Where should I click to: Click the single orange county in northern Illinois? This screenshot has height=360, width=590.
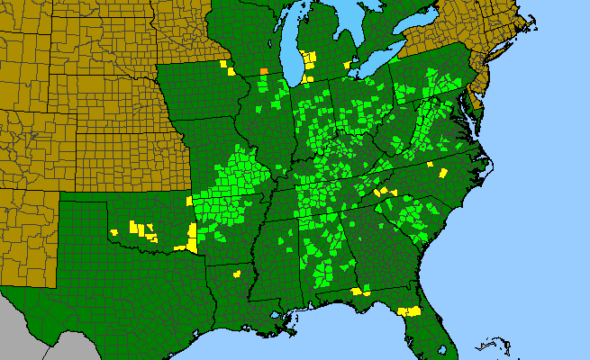[264, 71]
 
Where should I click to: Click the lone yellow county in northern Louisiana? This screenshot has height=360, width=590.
[237, 274]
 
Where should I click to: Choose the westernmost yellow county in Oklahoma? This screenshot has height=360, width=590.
[115, 232]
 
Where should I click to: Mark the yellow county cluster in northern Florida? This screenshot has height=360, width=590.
[411, 310]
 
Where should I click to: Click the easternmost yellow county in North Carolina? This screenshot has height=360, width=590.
[443, 173]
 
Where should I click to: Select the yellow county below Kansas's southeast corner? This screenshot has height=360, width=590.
[189, 201]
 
